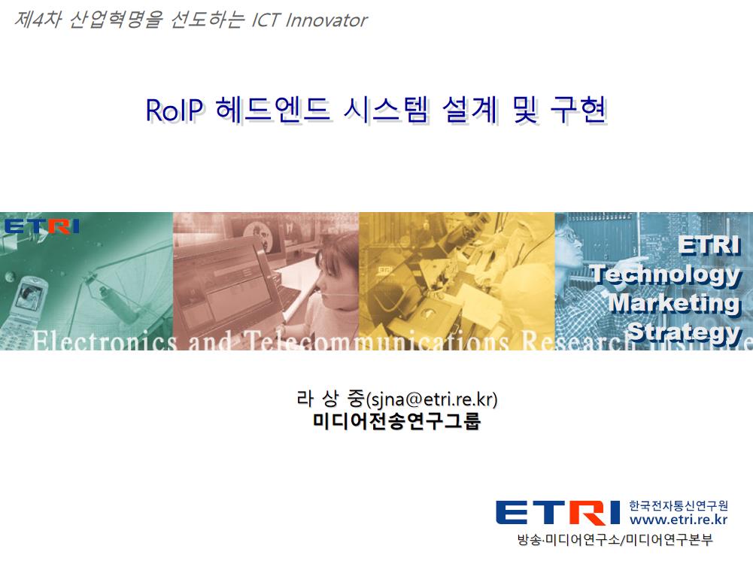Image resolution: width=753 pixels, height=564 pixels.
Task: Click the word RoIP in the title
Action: [x=175, y=110]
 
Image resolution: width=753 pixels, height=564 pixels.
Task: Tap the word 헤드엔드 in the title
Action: [x=273, y=110]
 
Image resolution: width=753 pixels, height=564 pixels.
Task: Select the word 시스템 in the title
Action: [x=385, y=110]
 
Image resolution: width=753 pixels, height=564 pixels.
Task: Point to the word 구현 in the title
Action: [x=578, y=110]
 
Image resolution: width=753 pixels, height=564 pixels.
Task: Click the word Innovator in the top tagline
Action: [x=326, y=20]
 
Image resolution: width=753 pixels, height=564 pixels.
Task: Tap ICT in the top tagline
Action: [x=266, y=20]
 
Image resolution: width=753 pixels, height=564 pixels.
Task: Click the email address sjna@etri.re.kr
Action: [x=431, y=399]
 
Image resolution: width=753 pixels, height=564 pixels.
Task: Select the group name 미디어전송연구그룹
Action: [x=396, y=421]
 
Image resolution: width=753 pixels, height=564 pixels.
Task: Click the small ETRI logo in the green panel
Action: [x=41, y=226]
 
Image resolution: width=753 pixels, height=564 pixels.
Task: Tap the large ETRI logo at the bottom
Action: [x=558, y=513]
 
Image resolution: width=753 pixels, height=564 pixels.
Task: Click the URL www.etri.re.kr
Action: [x=678, y=520]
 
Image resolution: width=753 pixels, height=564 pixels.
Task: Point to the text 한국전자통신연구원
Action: [x=678, y=505]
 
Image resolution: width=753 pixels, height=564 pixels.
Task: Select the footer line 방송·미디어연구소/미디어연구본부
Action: [x=615, y=539]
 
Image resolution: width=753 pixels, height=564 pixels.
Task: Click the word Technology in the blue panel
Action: [x=666, y=274]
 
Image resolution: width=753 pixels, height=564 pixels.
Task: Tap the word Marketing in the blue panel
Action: [x=675, y=303]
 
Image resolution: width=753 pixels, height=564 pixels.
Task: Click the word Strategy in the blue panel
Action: [x=685, y=332]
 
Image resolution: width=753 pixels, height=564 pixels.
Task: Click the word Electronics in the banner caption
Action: [x=105, y=341]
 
